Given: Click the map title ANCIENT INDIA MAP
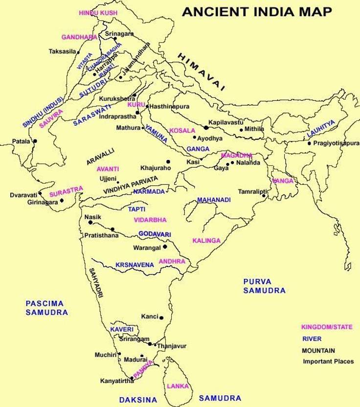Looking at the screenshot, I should pyautogui.click(x=257, y=12).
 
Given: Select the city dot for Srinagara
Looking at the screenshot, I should pyautogui.click(x=115, y=39).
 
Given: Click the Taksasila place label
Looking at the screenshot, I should pyautogui.click(x=63, y=51).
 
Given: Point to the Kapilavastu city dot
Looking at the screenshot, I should pyautogui.click(x=206, y=127).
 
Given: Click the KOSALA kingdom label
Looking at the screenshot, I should pyautogui.click(x=182, y=131).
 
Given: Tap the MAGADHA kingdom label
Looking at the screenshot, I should pyautogui.click(x=236, y=155).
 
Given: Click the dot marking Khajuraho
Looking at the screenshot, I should pyautogui.click(x=168, y=161).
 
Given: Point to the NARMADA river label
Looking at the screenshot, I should pyautogui.click(x=149, y=192).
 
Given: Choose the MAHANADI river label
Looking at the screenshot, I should pyautogui.click(x=214, y=200).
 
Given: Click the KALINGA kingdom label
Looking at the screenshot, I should pyautogui.click(x=206, y=241).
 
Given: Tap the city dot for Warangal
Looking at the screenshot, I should pyautogui.click(x=165, y=247).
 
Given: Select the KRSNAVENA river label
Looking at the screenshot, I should pyautogui.click(x=135, y=265).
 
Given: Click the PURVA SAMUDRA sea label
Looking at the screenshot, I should pyautogui.click(x=264, y=286).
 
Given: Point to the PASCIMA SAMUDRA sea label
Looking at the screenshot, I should pyautogui.click(x=46, y=308).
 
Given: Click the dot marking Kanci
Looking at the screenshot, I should pyautogui.click(x=161, y=318).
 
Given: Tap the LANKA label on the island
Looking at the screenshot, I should pyautogui.click(x=178, y=386).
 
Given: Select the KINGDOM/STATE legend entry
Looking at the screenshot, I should pyautogui.click(x=326, y=327).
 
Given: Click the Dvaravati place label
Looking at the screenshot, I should pyautogui.click(x=23, y=195).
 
